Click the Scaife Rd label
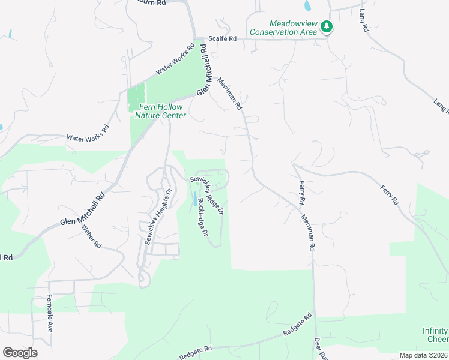tap(223, 38)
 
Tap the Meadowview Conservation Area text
tap(283, 28)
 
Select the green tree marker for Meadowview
tap(326, 26)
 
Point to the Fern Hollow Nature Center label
tap(160, 111)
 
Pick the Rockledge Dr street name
tap(202, 216)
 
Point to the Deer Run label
tap(320, 349)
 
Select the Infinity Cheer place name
tap(435, 335)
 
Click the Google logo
tap(20, 352)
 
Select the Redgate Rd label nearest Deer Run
tap(298, 325)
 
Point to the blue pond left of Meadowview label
tap(307, 6)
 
